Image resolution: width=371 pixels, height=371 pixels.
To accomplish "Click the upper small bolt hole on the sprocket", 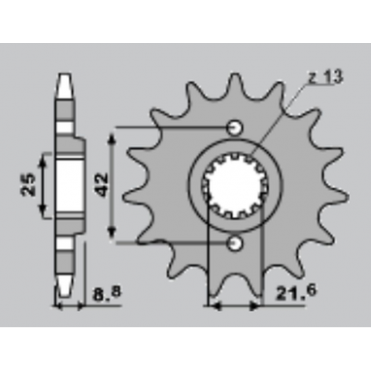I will [x=235, y=126].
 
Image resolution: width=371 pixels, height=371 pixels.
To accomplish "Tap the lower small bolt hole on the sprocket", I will [x=235, y=242].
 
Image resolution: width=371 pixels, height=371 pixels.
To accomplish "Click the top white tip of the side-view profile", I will [x=66, y=80].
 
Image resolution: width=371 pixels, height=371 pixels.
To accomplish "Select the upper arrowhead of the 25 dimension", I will [x=45, y=156].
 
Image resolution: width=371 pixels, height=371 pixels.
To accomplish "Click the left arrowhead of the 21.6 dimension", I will [x=214, y=306].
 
